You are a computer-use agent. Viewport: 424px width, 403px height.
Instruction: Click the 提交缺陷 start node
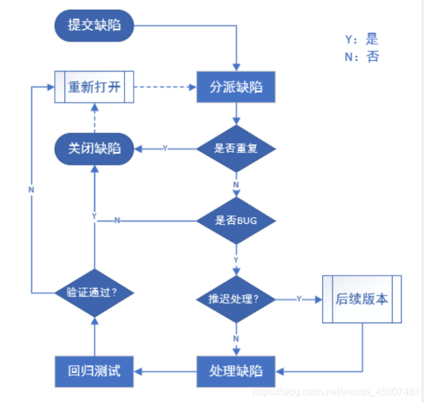tap(94, 26)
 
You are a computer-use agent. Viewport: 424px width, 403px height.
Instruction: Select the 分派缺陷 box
tap(236, 87)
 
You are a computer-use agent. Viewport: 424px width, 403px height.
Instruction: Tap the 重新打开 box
tap(94, 87)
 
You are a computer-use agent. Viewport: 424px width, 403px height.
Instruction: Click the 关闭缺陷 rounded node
tap(94, 148)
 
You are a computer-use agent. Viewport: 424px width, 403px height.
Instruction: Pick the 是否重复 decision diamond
tap(236, 148)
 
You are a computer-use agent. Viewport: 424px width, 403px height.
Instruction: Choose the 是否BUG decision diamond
tap(236, 220)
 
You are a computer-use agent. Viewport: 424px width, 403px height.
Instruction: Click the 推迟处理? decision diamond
tap(236, 299)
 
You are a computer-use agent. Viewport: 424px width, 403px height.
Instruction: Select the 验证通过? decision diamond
tap(94, 292)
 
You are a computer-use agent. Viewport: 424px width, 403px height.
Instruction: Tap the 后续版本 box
tap(362, 299)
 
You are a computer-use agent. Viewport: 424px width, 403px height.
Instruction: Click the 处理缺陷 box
tap(236, 370)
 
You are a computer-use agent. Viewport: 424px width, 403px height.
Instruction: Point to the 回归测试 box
tap(94, 370)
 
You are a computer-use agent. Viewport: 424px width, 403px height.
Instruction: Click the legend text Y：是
tap(361, 40)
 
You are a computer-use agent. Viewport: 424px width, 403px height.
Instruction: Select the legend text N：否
tap(361, 58)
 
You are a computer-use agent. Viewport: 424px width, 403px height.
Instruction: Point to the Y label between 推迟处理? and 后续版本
tap(299, 299)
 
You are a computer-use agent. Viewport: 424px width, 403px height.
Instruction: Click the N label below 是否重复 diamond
tap(236, 184)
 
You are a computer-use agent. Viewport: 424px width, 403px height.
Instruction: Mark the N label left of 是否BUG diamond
tap(117, 220)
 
